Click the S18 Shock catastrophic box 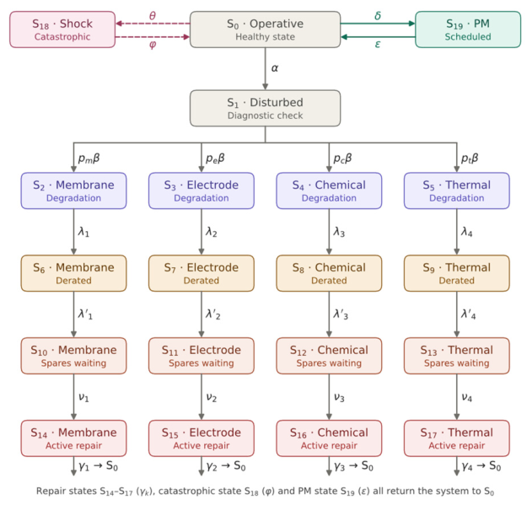point(62,30)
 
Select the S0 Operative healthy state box point(265,30)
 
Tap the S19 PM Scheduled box point(468,30)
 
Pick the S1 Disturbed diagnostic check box point(265,108)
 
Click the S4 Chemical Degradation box point(329,191)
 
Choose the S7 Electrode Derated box point(202,273)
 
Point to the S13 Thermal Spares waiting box point(457,356)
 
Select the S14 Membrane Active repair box point(73,438)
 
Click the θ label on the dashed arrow point(153,16)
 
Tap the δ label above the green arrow point(378,16)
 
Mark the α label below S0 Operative point(275,68)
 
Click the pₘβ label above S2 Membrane point(89,158)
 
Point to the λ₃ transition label point(339,232)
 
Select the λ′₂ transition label point(213,314)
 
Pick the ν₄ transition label point(467,397)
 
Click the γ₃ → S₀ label point(353,466)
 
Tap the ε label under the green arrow point(378,44)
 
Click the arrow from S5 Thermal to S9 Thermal point(457,232)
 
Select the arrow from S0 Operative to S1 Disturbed point(265,69)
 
